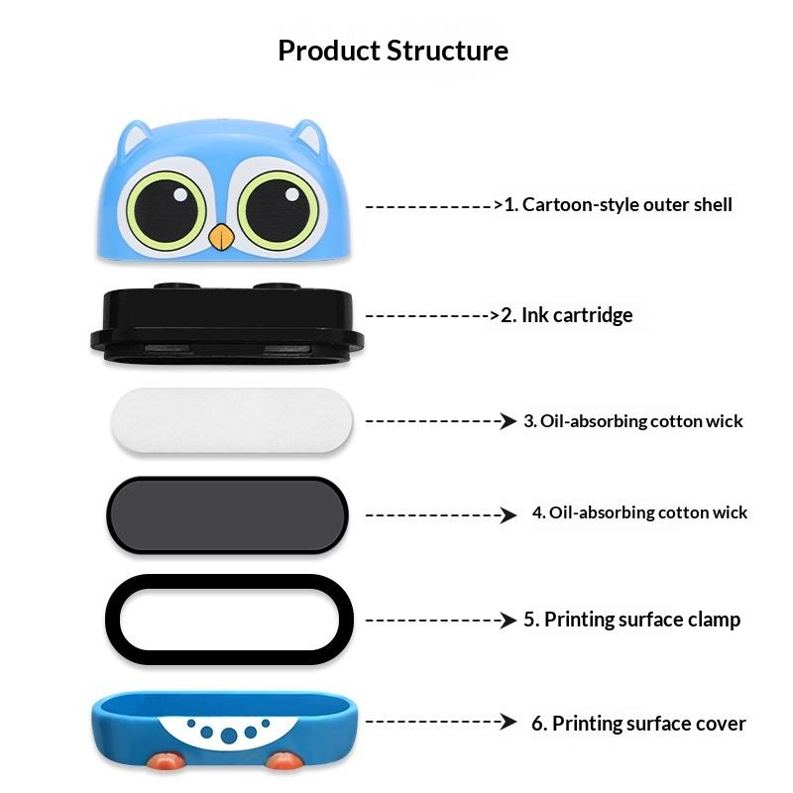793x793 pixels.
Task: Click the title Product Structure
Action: coord(393,51)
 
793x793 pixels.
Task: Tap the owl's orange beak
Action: coord(221,237)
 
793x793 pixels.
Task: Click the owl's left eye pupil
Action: coord(166,210)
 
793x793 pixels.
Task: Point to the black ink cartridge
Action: coord(227,324)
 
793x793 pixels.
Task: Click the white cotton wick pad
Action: coord(232,420)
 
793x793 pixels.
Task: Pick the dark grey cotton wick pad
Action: coord(228,514)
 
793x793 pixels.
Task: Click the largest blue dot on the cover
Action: coord(229,736)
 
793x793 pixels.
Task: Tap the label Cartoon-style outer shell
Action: coord(627,205)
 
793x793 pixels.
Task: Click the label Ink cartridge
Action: coord(577,315)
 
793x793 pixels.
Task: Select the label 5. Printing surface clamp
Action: coord(631,620)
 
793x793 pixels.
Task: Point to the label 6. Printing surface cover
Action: coord(638,724)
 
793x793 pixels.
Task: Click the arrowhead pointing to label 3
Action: coord(509,420)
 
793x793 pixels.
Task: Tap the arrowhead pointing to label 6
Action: coord(509,722)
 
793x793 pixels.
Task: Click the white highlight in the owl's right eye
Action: coord(292,194)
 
